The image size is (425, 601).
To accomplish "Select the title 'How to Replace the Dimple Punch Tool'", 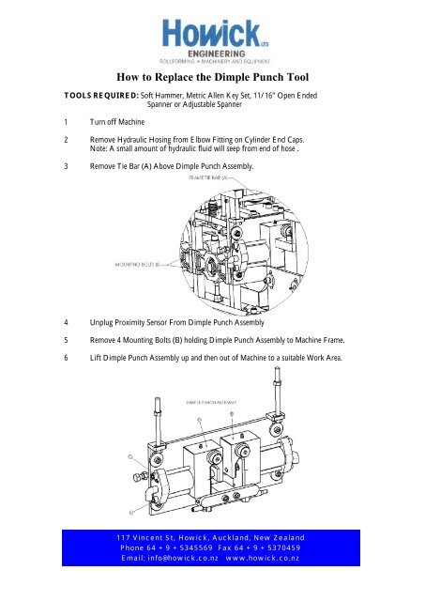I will pyautogui.click(x=213, y=79).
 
